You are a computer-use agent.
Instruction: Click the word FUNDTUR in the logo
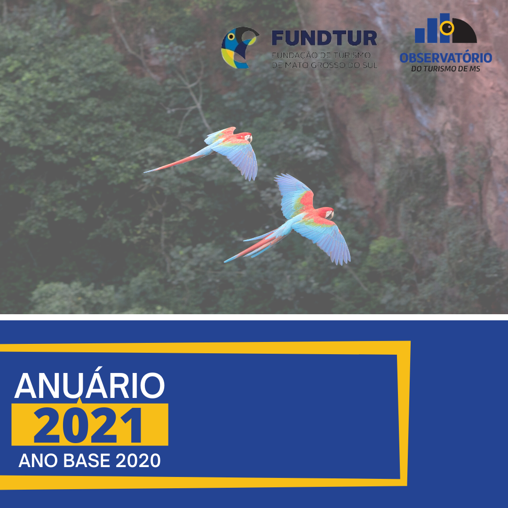point(324,38)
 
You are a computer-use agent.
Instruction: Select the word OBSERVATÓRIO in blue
point(446,58)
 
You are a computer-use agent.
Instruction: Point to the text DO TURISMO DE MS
point(446,69)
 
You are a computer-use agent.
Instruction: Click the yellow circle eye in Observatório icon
point(447,28)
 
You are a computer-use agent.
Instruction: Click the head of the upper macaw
point(246,137)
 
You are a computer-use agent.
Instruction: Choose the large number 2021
point(88,425)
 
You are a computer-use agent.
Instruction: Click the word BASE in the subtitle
point(87,460)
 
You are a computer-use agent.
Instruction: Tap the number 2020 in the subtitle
point(138,460)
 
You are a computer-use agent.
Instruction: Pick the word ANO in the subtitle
point(38,460)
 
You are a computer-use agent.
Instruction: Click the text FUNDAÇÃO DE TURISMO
point(321,55)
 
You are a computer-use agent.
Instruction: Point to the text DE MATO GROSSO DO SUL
point(325,65)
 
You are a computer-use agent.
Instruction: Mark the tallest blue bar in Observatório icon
point(444,28)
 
